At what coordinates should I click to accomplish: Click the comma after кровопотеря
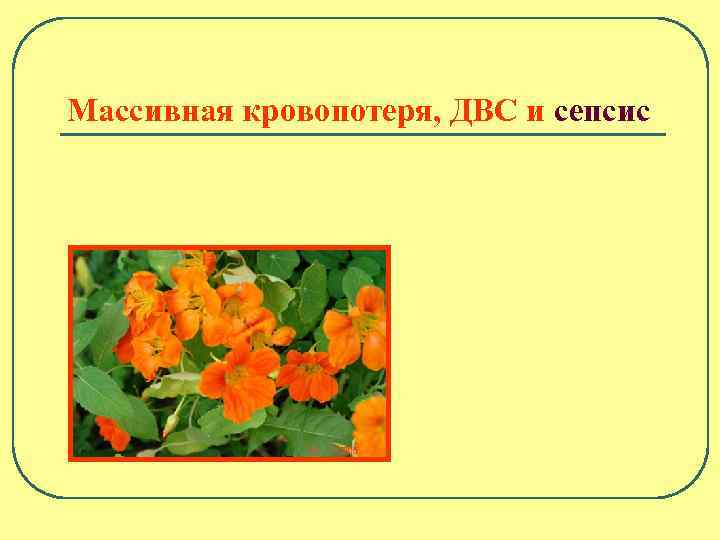(x=441, y=119)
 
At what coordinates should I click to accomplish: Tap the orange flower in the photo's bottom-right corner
(x=370, y=425)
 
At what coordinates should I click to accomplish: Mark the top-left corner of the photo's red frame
(x=69, y=247)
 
